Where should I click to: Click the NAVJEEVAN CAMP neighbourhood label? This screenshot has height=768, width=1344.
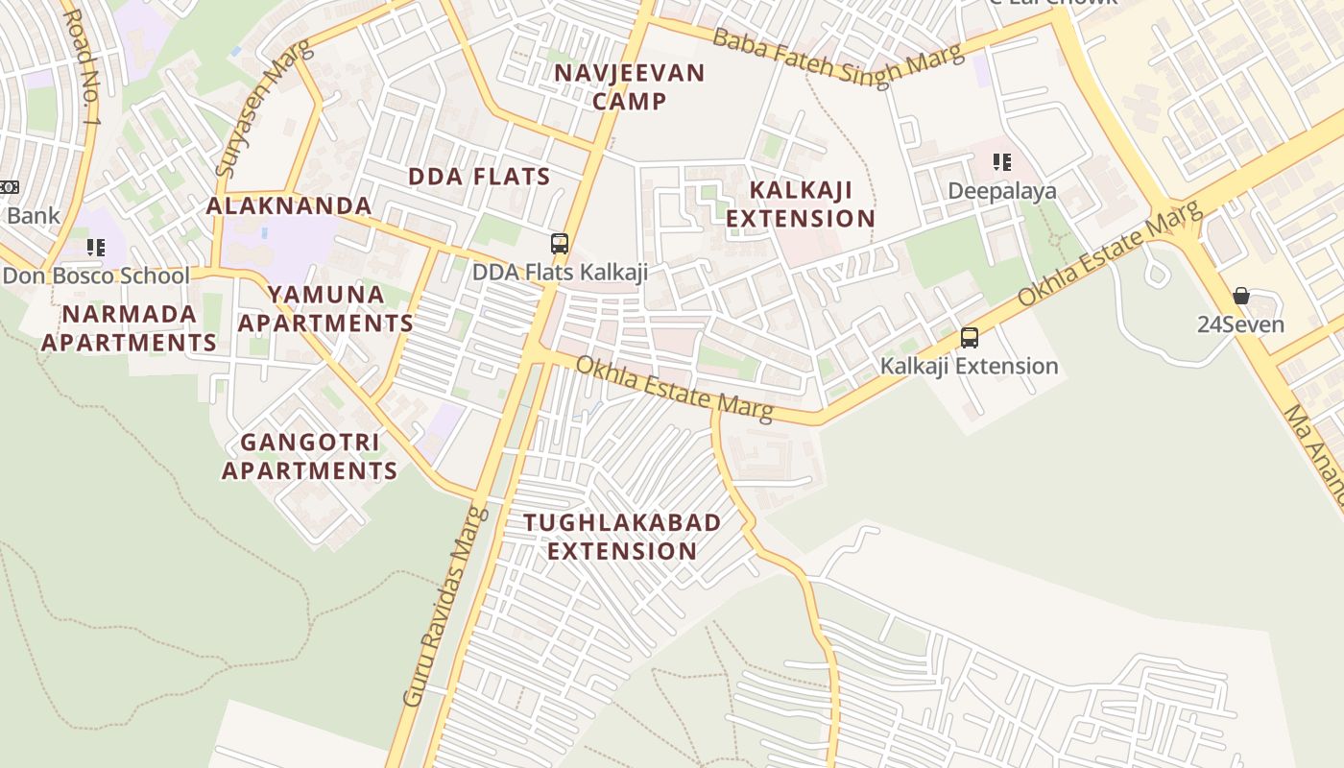tap(630, 86)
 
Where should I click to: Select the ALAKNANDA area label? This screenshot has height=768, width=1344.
tap(289, 205)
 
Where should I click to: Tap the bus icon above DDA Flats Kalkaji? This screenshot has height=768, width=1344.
tap(560, 244)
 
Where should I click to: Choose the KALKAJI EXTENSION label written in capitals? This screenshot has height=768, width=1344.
tap(800, 204)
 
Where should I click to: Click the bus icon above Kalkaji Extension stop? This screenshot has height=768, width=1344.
tap(970, 338)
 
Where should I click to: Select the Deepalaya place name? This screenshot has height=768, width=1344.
tap(1002, 191)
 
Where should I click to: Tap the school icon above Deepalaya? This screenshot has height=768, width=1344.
tap(1002, 162)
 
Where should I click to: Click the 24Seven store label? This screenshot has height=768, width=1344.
tap(1240, 324)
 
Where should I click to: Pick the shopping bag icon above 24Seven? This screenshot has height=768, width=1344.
tap(1241, 296)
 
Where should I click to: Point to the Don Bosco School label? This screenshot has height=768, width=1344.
tap(96, 276)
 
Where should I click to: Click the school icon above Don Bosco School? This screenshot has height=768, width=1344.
tap(96, 248)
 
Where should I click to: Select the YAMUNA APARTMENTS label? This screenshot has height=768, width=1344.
tap(325, 308)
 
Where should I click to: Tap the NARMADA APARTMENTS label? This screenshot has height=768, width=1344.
tap(129, 327)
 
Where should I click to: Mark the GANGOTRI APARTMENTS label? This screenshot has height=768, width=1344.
tap(309, 456)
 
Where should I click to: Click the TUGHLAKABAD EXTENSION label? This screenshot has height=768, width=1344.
tap(622, 537)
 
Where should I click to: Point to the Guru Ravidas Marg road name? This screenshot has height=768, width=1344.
tap(445, 607)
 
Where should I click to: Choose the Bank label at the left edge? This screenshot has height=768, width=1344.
tap(33, 216)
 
